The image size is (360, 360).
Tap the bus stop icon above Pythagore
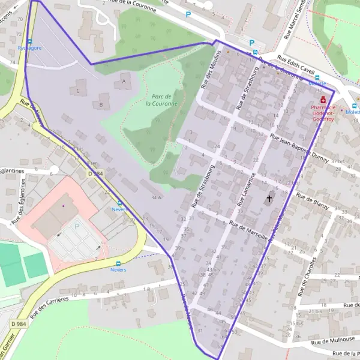(x=29, y=41)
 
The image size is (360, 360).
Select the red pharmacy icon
(x=324, y=100)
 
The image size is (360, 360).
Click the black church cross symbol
(x=269, y=198)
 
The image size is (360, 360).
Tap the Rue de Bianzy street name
(x=313, y=203)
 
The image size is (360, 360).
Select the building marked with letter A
(x=124, y=80)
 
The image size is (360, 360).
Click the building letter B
(x=101, y=105)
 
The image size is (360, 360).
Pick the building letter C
(x=77, y=91)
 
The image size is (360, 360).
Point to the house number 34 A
(x=157, y=197)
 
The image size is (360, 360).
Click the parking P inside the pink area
(x=76, y=226)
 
